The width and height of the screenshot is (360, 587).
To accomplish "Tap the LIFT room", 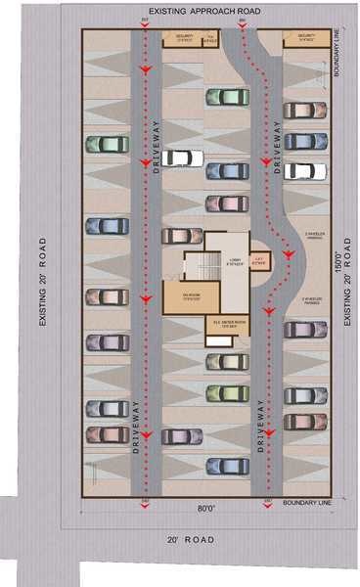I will [x=259, y=259].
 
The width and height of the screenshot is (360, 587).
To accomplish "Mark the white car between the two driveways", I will [x=182, y=157].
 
